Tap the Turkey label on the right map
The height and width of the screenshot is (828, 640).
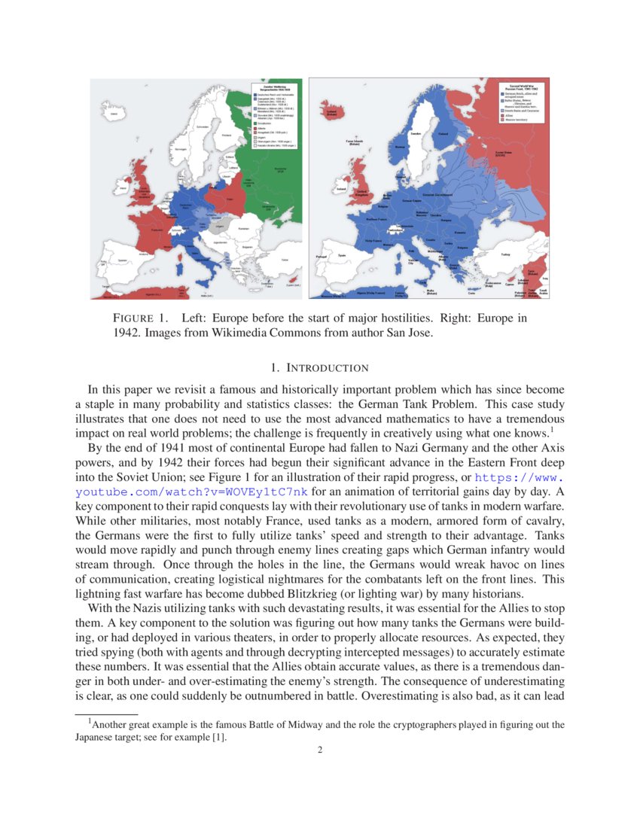505,254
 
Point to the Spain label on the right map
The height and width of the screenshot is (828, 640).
342,256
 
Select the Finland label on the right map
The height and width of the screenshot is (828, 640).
443,135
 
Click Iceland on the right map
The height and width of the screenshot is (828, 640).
331,112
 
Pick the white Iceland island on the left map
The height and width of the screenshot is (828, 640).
114,114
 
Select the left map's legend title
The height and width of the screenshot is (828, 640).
272,87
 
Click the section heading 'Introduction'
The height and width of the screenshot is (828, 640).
319,368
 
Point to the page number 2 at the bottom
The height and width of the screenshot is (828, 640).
319,750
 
